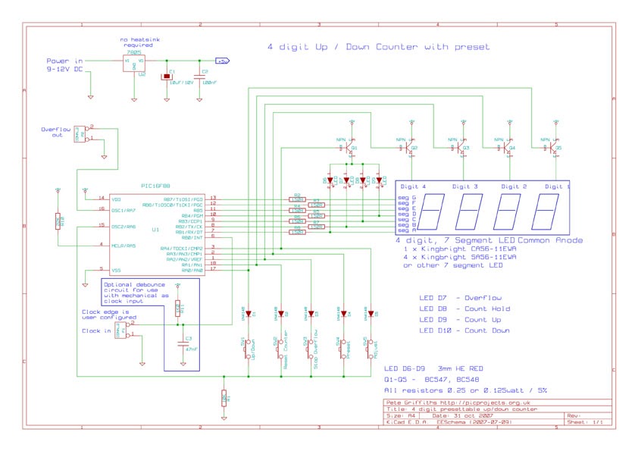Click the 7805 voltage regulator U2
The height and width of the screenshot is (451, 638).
(133, 64)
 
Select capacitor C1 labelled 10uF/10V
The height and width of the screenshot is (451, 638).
(165, 77)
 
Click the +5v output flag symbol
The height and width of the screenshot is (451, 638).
(223, 61)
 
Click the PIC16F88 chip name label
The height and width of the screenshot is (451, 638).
(156, 185)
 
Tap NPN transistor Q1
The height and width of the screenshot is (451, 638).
(349, 149)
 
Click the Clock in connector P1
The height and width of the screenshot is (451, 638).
(121, 328)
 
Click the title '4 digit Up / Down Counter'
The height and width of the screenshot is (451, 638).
(378, 47)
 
